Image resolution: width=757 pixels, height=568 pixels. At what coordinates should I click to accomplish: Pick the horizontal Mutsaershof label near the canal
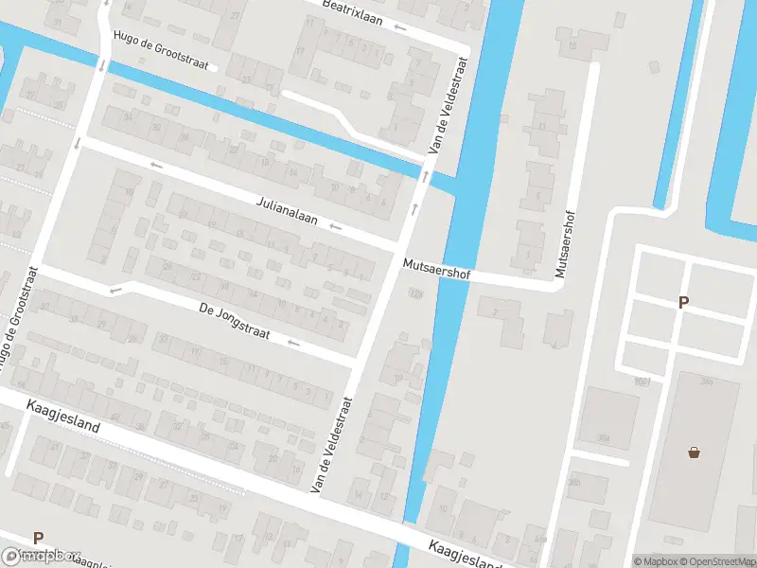click(436, 269)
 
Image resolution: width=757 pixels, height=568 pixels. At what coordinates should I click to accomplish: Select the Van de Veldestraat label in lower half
click(332, 443)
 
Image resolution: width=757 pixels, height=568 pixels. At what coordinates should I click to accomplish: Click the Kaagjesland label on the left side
click(62, 416)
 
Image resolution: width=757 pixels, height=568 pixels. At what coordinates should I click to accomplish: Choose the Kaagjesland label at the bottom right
click(463, 556)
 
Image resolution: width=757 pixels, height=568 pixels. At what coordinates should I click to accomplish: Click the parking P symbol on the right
click(683, 303)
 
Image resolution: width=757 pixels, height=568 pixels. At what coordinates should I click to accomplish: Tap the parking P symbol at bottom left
click(38, 538)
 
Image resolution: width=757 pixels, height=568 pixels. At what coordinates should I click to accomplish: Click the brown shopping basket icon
click(695, 453)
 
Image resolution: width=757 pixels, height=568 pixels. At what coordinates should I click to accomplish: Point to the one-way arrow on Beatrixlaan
click(400, 27)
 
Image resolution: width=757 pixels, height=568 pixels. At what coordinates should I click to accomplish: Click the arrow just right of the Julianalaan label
click(336, 227)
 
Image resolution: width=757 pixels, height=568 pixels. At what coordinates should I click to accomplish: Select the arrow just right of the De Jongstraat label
click(294, 344)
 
